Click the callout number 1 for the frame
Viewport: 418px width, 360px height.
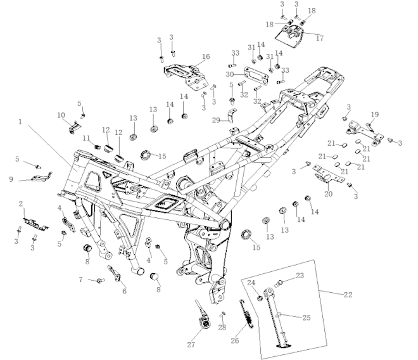(20, 122)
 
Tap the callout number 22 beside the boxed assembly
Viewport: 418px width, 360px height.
(348, 295)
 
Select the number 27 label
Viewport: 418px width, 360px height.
(191, 345)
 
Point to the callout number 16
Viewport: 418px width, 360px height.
(206, 56)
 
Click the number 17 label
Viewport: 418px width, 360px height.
(320, 38)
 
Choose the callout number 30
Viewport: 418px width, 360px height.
(229, 74)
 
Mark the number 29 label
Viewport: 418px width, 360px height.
(216, 120)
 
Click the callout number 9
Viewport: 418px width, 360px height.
(11, 179)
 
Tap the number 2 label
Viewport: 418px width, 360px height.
(21, 204)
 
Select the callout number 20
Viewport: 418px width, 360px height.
(328, 194)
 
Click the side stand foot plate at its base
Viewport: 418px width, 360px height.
(284, 346)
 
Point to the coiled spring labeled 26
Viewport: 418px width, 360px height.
(246, 314)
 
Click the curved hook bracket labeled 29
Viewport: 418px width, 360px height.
(231, 115)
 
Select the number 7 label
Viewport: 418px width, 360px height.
(80, 280)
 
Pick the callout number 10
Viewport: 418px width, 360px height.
(61, 115)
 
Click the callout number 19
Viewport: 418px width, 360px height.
(374, 115)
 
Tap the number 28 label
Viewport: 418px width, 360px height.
(222, 327)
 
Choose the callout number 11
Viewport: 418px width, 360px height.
(86, 138)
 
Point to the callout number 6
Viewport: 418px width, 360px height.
(124, 291)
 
